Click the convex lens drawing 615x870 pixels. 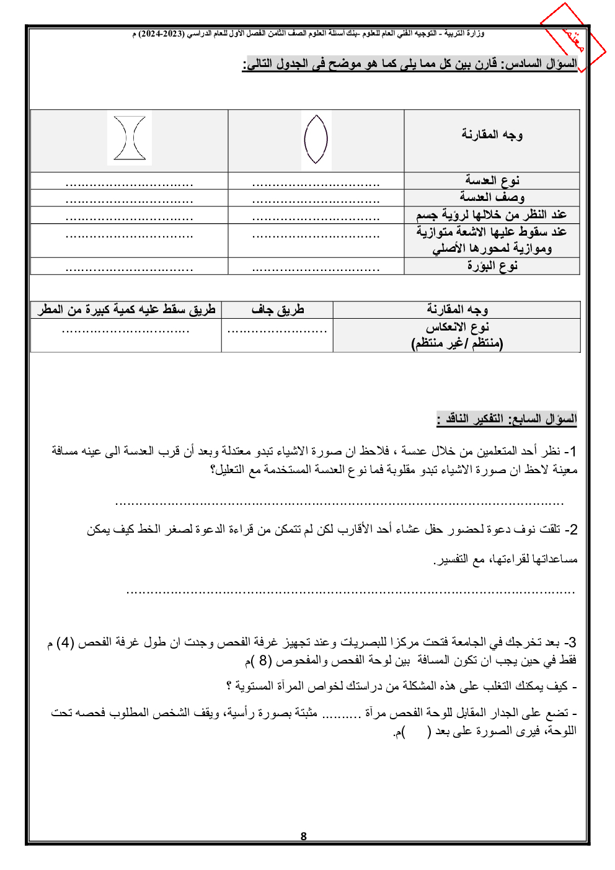tap(316, 140)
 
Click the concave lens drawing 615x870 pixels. tap(130, 138)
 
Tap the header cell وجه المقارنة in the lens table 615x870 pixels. tap(492, 135)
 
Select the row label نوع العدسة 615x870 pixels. tap(492, 180)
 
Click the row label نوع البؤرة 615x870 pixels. tap(492, 265)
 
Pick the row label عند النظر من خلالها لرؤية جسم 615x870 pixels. tap(492, 215)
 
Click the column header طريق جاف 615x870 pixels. tap(277, 309)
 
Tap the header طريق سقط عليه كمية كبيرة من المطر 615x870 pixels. tap(126, 309)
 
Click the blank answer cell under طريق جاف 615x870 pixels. tap(277, 335)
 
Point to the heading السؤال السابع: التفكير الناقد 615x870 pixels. tap(507, 419)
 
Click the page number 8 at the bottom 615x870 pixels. tap(303, 836)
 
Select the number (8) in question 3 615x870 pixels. tap(263, 660)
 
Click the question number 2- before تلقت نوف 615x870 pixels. tap(571, 530)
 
